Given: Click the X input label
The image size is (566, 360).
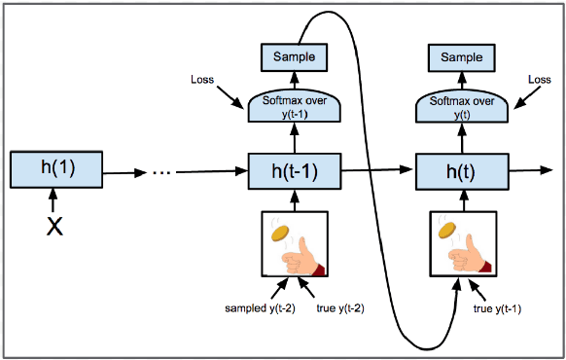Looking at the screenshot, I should coord(54,227).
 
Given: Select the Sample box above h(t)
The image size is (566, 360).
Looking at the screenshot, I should coord(462,57).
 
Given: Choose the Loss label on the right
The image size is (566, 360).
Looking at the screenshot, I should coord(538,79).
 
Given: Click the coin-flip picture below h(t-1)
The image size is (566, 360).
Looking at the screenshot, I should coord(294,244).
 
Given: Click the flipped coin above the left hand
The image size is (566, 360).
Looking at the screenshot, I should coord(279,233).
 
